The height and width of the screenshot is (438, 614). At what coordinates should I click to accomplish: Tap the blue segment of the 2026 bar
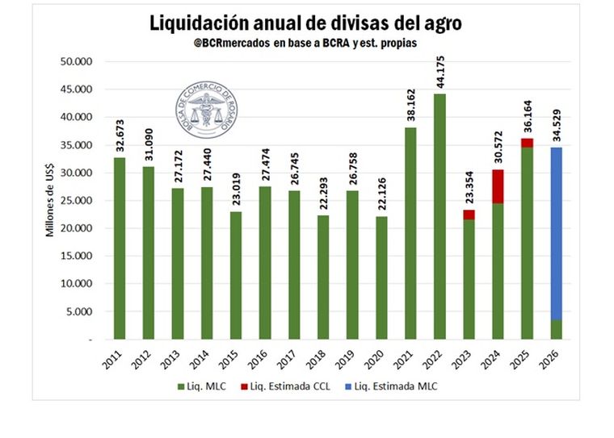(557, 233)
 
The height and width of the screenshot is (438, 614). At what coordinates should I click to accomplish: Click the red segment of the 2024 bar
(498, 186)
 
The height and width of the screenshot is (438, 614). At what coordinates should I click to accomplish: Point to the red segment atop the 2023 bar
(469, 215)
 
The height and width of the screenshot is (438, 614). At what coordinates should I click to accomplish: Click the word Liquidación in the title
(207, 23)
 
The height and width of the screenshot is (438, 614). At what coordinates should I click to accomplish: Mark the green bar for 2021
(411, 233)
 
